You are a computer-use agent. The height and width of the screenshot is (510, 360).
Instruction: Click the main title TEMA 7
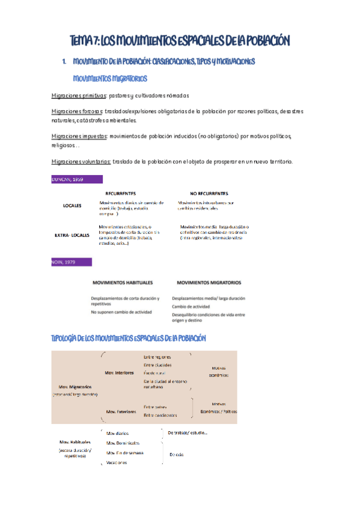click(x=180, y=40)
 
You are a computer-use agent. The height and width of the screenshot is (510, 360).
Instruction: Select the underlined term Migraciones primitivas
click(x=79, y=96)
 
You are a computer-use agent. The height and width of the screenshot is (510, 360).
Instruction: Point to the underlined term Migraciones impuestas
click(x=79, y=136)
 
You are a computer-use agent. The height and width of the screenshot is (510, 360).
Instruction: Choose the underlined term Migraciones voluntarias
click(x=81, y=161)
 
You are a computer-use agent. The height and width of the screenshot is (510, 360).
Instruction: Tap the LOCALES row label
click(x=72, y=206)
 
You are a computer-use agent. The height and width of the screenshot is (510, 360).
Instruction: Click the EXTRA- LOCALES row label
click(x=72, y=235)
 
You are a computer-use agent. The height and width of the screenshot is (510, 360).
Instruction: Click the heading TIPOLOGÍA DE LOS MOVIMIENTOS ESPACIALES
click(x=129, y=339)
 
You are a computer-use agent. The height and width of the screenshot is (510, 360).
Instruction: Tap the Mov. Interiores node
click(x=119, y=373)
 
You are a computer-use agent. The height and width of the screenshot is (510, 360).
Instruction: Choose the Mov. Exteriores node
click(x=120, y=412)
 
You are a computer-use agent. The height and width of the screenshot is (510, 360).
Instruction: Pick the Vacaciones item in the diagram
click(x=117, y=462)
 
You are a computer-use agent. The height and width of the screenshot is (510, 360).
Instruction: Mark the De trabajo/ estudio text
click(x=187, y=432)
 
